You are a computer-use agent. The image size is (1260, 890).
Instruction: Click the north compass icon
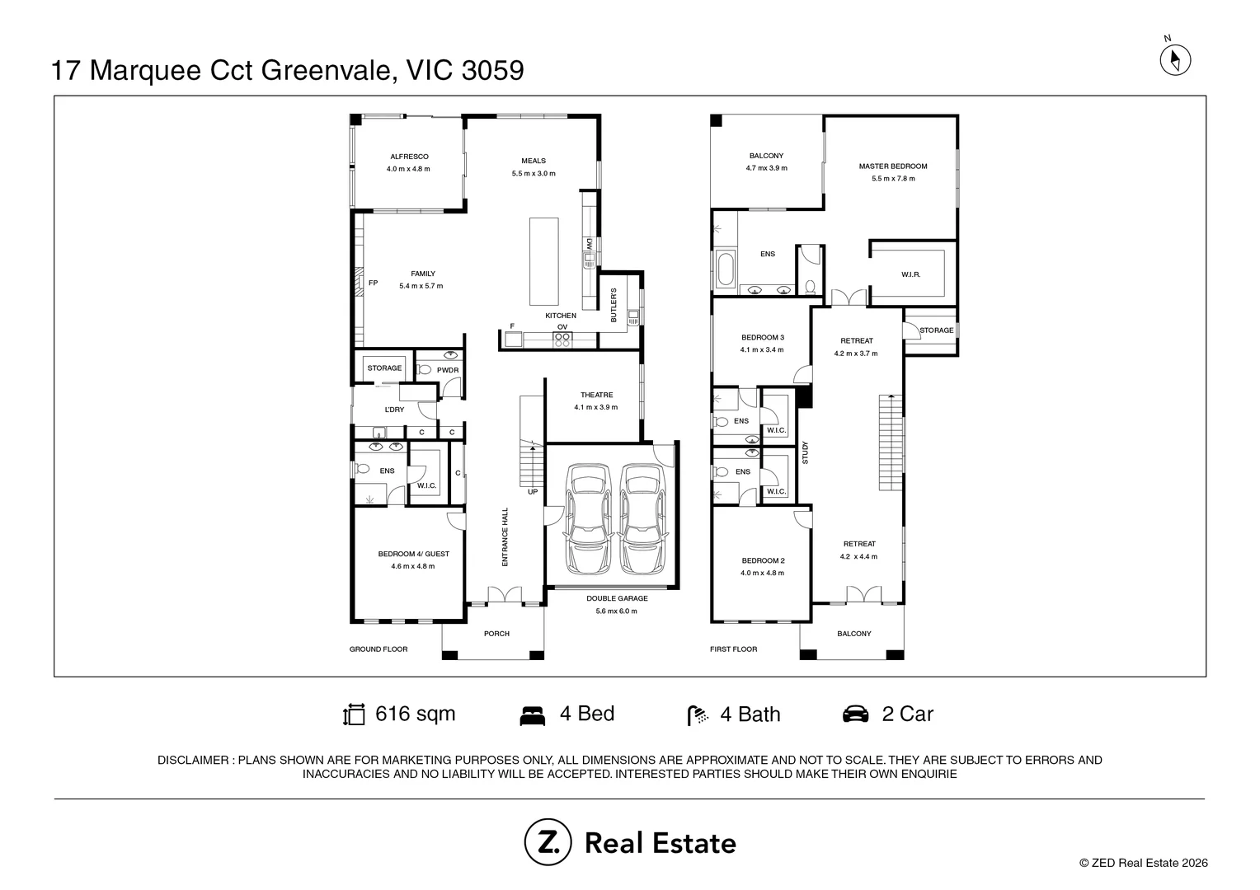(x=1175, y=59)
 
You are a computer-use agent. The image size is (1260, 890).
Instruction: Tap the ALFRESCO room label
(x=409, y=157)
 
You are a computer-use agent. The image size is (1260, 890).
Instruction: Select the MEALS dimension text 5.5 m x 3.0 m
(x=534, y=173)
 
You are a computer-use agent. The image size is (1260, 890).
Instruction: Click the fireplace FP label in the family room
(x=373, y=283)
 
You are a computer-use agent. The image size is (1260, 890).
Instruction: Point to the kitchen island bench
(x=544, y=261)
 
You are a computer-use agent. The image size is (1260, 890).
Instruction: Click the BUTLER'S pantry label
(x=614, y=305)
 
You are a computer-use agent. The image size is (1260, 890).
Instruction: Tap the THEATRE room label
(x=596, y=395)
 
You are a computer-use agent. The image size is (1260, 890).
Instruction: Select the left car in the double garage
(x=589, y=518)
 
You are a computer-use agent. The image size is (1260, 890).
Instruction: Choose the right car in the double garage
(x=642, y=518)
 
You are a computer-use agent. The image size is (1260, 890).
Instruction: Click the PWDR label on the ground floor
(x=448, y=370)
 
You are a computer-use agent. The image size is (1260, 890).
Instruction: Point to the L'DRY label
(x=394, y=410)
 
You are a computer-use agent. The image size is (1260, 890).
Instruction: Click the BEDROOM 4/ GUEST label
(x=413, y=554)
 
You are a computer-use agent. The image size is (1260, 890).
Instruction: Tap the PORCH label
(x=496, y=634)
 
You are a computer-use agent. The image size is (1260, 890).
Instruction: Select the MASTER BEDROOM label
(x=893, y=166)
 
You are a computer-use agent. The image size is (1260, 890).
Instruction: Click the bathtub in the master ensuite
(x=725, y=269)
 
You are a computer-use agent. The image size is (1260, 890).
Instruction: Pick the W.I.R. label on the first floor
(x=910, y=274)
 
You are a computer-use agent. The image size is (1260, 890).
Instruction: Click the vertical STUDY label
(x=805, y=452)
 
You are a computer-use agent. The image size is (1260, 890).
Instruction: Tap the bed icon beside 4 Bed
(x=532, y=715)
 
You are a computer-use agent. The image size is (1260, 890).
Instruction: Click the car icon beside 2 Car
(x=855, y=714)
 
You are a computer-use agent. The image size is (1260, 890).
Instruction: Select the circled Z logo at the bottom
(x=548, y=842)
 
